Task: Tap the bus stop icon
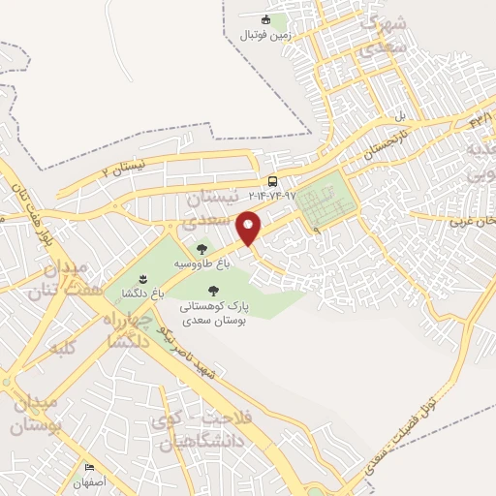point(273,181)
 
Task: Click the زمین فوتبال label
point(265,35)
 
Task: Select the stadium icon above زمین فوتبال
point(266,19)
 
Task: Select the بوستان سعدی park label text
point(214,317)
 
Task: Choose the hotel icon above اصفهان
point(90,467)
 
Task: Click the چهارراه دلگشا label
point(123,330)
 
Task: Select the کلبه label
point(64,347)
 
